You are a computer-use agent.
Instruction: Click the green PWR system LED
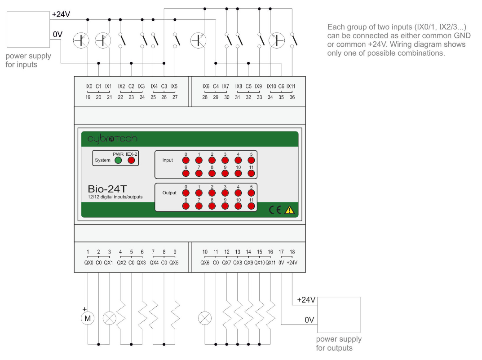click(x=118, y=160)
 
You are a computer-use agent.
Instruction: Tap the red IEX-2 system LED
click(x=132, y=160)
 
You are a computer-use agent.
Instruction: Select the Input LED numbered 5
click(x=251, y=160)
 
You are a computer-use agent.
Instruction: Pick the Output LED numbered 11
click(x=251, y=206)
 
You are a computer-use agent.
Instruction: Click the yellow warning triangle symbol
click(x=289, y=209)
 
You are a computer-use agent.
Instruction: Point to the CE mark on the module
click(x=275, y=209)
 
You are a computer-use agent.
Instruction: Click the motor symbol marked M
click(x=88, y=319)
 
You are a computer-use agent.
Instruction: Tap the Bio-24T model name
click(x=108, y=189)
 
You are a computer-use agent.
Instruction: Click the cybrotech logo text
click(x=112, y=139)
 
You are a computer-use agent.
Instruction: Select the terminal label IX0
click(x=88, y=86)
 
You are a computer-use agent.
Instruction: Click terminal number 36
click(x=292, y=97)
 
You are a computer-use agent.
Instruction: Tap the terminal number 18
click(x=292, y=252)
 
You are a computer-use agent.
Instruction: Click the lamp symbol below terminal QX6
click(x=205, y=318)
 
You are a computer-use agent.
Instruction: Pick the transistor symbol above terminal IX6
click(x=198, y=40)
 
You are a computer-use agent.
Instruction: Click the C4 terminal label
click(x=216, y=86)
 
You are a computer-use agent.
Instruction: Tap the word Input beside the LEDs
click(x=168, y=160)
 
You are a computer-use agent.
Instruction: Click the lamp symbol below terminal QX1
click(x=110, y=318)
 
